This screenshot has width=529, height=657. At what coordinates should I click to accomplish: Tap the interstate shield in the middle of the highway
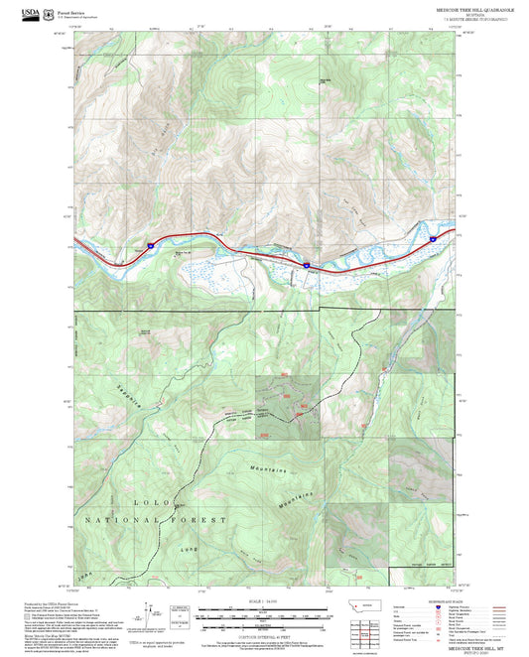coord(307,265)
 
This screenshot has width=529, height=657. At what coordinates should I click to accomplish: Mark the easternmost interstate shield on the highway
coord(434,238)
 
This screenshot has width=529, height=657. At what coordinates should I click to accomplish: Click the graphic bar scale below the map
coord(264,618)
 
